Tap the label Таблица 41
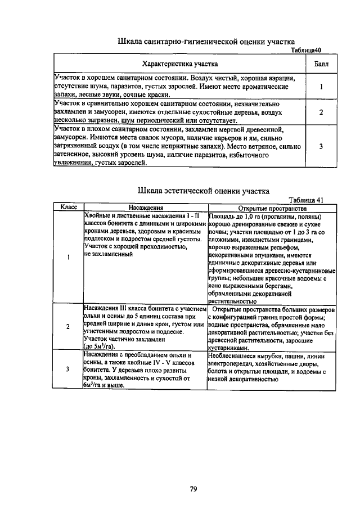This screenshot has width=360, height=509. click(307, 200)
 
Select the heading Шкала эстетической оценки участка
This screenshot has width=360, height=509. click(203, 191)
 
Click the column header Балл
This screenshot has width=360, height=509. click(321, 64)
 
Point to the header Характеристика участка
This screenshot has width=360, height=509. click(180, 64)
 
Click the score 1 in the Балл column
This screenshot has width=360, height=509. click(321, 87)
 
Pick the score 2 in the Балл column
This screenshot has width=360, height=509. click(321, 112)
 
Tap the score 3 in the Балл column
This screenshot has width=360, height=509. click(321, 146)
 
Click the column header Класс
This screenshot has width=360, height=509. click(68, 207)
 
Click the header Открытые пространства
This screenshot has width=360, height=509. click(272, 208)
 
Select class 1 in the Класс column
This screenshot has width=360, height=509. click(68, 258)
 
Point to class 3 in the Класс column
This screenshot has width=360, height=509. click(68, 370)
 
